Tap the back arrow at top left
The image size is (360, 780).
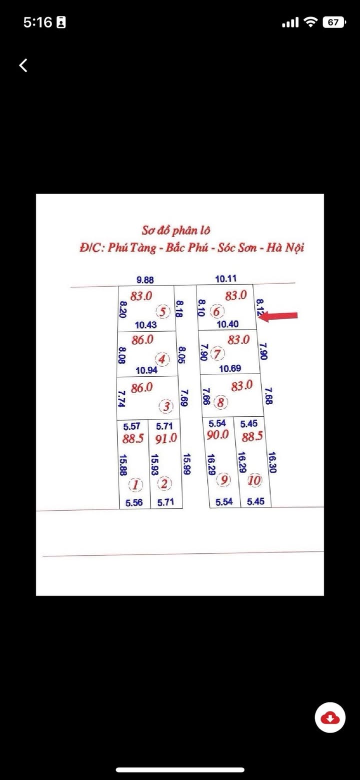(x=23, y=65)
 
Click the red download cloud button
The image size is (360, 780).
(x=330, y=718)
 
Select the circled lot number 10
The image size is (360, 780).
(x=255, y=480)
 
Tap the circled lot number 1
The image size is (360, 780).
(x=135, y=484)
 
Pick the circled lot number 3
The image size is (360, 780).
(x=166, y=406)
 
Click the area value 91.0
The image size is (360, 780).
(x=166, y=438)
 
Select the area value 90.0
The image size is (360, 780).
(x=217, y=435)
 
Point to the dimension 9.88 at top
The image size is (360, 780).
(x=145, y=280)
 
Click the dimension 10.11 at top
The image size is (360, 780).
(x=225, y=279)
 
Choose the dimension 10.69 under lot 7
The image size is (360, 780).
(x=230, y=369)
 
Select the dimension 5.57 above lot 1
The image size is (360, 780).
(x=132, y=427)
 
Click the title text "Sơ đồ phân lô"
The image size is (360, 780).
(x=176, y=231)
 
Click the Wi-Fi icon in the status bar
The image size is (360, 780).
(x=311, y=22)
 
